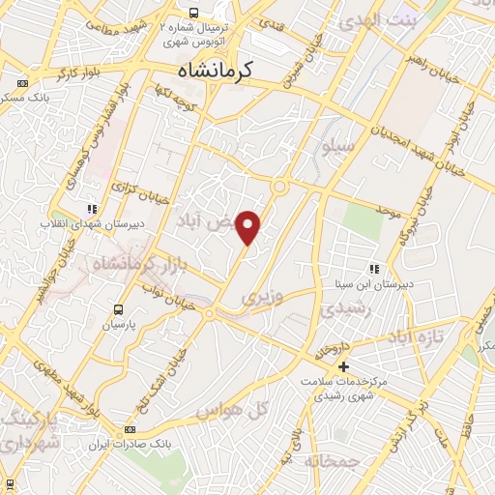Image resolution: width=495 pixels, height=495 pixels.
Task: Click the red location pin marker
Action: coord(249,227)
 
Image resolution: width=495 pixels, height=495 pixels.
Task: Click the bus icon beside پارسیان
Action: coord(118,310)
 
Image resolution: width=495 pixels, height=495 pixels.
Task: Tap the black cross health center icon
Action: coord(343,366)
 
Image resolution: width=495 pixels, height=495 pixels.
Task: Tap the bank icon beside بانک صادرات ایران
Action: coord(131,431)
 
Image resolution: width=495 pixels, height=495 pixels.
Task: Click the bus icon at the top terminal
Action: coord(194,13)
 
